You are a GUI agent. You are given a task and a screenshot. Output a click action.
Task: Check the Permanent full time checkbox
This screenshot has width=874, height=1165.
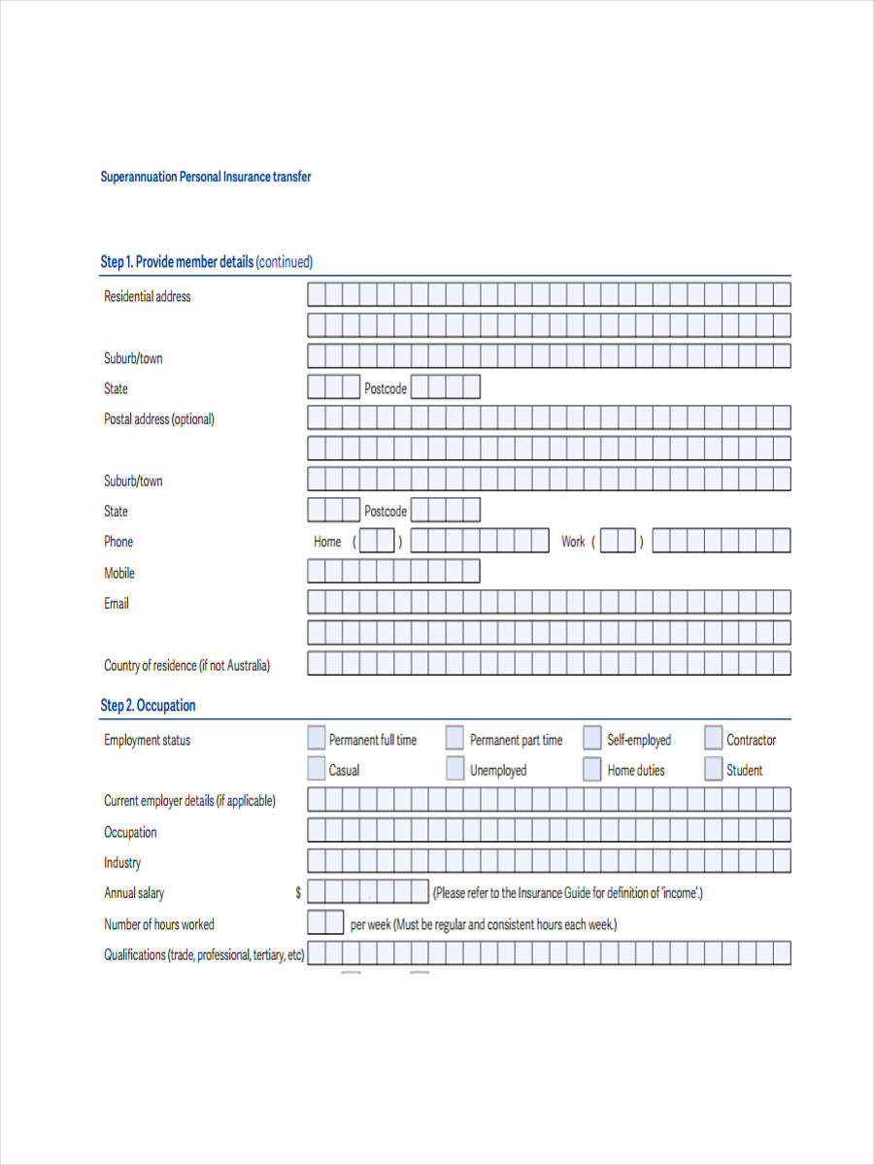(x=317, y=739)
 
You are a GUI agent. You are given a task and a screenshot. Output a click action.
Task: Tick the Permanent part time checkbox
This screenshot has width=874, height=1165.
(x=454, y=739)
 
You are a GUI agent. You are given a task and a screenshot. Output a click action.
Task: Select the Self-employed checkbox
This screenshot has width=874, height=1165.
(x=592, y=739)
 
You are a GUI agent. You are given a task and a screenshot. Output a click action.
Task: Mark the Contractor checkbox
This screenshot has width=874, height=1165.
(x=714, y=739)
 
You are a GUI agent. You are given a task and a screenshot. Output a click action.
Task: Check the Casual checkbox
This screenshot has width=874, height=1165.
(x=317, y=770)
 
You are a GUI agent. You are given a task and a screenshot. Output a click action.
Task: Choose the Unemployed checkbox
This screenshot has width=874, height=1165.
(x=454, y=770)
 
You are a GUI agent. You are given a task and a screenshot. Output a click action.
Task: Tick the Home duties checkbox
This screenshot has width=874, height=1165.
(x=592, y=770)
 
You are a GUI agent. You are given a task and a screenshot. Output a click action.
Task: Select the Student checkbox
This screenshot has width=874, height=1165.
(x=714, y=770)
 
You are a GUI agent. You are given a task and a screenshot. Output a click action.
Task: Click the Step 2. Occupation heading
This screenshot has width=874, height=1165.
(x=148, y=706)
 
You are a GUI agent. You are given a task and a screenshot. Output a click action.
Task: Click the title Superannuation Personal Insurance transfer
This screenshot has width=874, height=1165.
(x=206, y=178)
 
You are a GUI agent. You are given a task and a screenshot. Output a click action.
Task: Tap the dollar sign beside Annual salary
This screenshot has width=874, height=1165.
(x=298, y=893)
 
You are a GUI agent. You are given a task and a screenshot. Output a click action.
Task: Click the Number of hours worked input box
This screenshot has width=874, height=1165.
(x=325, y=923)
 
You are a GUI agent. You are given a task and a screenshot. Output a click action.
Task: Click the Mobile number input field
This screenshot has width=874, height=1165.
(x=393, y=572)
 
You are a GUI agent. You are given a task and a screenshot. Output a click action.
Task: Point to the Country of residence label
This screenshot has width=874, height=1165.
(x=186, y=666)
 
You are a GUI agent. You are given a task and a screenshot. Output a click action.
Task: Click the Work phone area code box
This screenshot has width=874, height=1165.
(x=618, y=542)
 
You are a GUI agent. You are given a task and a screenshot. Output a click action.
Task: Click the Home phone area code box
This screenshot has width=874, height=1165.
(x=378, y=542)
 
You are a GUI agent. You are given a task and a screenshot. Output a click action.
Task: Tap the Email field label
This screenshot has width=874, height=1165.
(x=117, y=604)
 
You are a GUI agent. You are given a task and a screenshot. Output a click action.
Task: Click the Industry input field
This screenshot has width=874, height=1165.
(x=549, y=862)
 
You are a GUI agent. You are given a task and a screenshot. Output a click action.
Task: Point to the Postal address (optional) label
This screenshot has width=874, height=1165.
(x=159, y=419)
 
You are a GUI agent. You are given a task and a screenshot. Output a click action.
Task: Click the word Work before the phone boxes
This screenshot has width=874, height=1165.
(x=573, y=542)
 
